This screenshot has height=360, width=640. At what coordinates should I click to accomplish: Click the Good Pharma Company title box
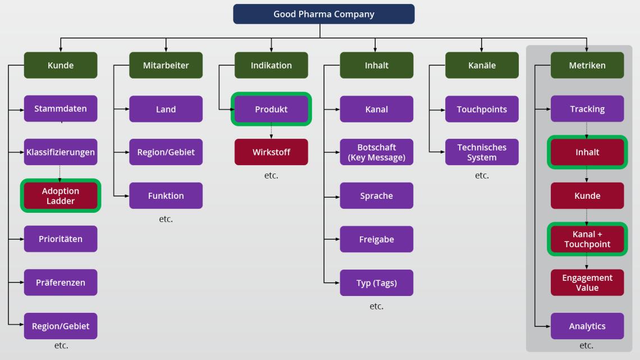pyautogui.click(x=324, y=14)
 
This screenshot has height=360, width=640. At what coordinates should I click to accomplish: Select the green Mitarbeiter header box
pyautogui.click(x=166, y=65)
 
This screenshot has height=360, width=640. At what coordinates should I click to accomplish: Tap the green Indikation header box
pyautogui.click(x=271, y=65)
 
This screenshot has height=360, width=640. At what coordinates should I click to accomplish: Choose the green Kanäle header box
pyautogui.click(x=482, y=65)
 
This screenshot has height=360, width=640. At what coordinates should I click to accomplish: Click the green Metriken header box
pyautogui.click(x=587, y=65)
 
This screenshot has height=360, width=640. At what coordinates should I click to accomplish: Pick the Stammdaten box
pyautogui.click(x=61, y=108)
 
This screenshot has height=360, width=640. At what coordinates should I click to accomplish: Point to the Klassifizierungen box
pyautogui.click(x=61, y=152)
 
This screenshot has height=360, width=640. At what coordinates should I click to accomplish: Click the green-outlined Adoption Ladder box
pyautogui.click(x=61, y=195)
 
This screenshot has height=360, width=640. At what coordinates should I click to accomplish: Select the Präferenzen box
pyautogui.click(x=61, y=282)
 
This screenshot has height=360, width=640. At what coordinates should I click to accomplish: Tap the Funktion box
pyautogui.click(x=166, y=195)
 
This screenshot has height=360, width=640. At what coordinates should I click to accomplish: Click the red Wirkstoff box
pyautogui.click(x=271, y=152)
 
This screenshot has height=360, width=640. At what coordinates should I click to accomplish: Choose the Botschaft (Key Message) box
pyautogui.click(x=377, y=152)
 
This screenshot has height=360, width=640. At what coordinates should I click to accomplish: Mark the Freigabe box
pyautogui.click(x=377, y=239)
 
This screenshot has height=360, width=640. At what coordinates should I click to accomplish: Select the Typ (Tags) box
pyautogui.click(x=377, y=282)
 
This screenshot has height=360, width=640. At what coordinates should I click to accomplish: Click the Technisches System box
pyautogui.click(x=482, y=152)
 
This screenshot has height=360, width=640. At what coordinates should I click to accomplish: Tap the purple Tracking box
pyautogui.click(x=587, y=108)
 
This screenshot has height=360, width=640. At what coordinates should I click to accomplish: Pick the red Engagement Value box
pyautogui.click(x=587, y=282)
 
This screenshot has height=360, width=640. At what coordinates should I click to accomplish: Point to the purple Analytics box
pyautogui.click(x=587, y=326)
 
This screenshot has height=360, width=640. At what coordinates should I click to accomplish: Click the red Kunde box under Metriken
pyautogui.click(x=587, y=195)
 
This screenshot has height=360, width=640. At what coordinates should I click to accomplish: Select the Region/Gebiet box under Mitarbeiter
pyautogui.click(x=166, y=152)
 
